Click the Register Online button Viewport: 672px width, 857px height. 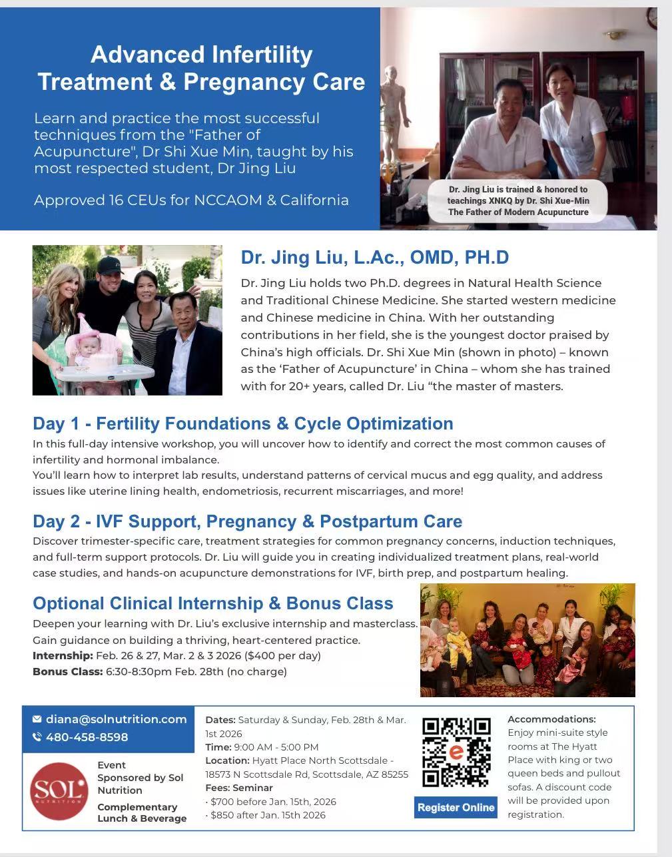click(x=456, y=807)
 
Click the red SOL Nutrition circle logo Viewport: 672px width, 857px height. click(x=59, y=790)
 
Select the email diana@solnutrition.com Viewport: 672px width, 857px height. click(x=116, y=719)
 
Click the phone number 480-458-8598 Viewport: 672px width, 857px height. click(x=87, y=737)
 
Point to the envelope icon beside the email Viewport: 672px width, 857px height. click(x=37, y=719)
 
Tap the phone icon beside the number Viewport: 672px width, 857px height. click(x=37, y=737)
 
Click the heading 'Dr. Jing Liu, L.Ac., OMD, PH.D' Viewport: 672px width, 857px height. click(x=374, y=258)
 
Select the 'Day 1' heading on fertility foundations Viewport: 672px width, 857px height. click(x=242, y=424)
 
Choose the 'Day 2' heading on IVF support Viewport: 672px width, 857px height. click(x=247, y=521)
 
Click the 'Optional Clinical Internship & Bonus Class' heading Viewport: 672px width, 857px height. click(x=212, y=603)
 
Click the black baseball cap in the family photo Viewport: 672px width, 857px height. click(x=110, y=266)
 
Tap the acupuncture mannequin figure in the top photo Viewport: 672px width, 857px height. click(x=398, y=120)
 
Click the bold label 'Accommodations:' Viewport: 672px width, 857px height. click(x=551, y=719)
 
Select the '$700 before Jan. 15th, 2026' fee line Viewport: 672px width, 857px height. click(x=272, y=802)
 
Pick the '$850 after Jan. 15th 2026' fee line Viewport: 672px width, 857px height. click(x=267, y=815)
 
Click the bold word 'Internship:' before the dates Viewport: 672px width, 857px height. click(x=63, y=656)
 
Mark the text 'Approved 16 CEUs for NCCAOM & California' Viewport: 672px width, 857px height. click(x=191, y=200)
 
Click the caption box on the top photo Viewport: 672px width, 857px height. click(x=517, y=200)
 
